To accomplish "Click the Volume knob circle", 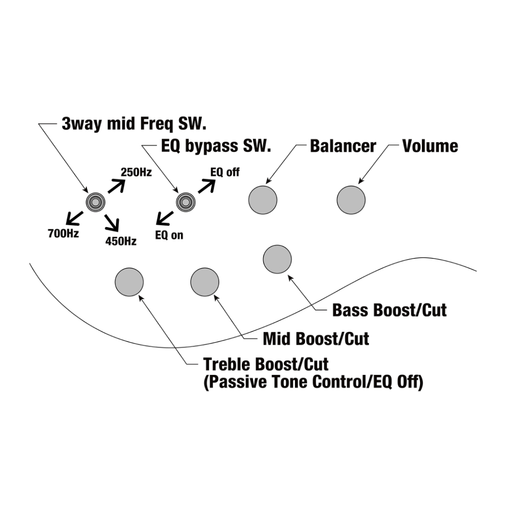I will (x=351, y=199).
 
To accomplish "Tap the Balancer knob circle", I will (x=263, y=199).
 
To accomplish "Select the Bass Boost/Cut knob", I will (x=277, y=259).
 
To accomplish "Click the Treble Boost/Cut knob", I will (x=129, y=282).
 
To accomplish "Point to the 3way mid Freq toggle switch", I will (x=96, y=202).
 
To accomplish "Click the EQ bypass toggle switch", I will (x=185, y=202).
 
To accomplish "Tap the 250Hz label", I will (x=136, y=173).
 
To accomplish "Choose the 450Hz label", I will (x=121, y=241).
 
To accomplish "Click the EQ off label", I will (x=225, y=173).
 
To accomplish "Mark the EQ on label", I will (x=169, y=235).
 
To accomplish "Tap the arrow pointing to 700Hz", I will (x=74, y=217).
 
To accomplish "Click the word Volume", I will (x=430, y=146).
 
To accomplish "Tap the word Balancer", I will (x=343, y=146).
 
